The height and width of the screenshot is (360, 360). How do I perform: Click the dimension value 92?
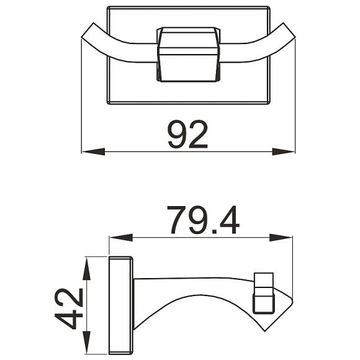coord(187,134)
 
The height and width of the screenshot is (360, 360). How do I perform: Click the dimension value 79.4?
coord(204,220)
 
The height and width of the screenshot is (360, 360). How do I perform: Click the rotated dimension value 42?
coord(69,308)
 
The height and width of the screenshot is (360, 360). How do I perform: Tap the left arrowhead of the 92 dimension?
coord(94,151)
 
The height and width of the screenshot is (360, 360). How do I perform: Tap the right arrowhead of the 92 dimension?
coord(283,151)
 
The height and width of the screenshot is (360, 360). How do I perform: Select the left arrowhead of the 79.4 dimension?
coord(121,238)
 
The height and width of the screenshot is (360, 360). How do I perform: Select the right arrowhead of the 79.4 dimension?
coord(281,238)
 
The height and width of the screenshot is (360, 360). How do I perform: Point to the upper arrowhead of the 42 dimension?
coord(86,268)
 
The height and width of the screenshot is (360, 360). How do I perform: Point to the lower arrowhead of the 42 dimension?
coord(86,343)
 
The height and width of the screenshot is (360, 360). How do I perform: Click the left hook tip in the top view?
coord(88,30)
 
